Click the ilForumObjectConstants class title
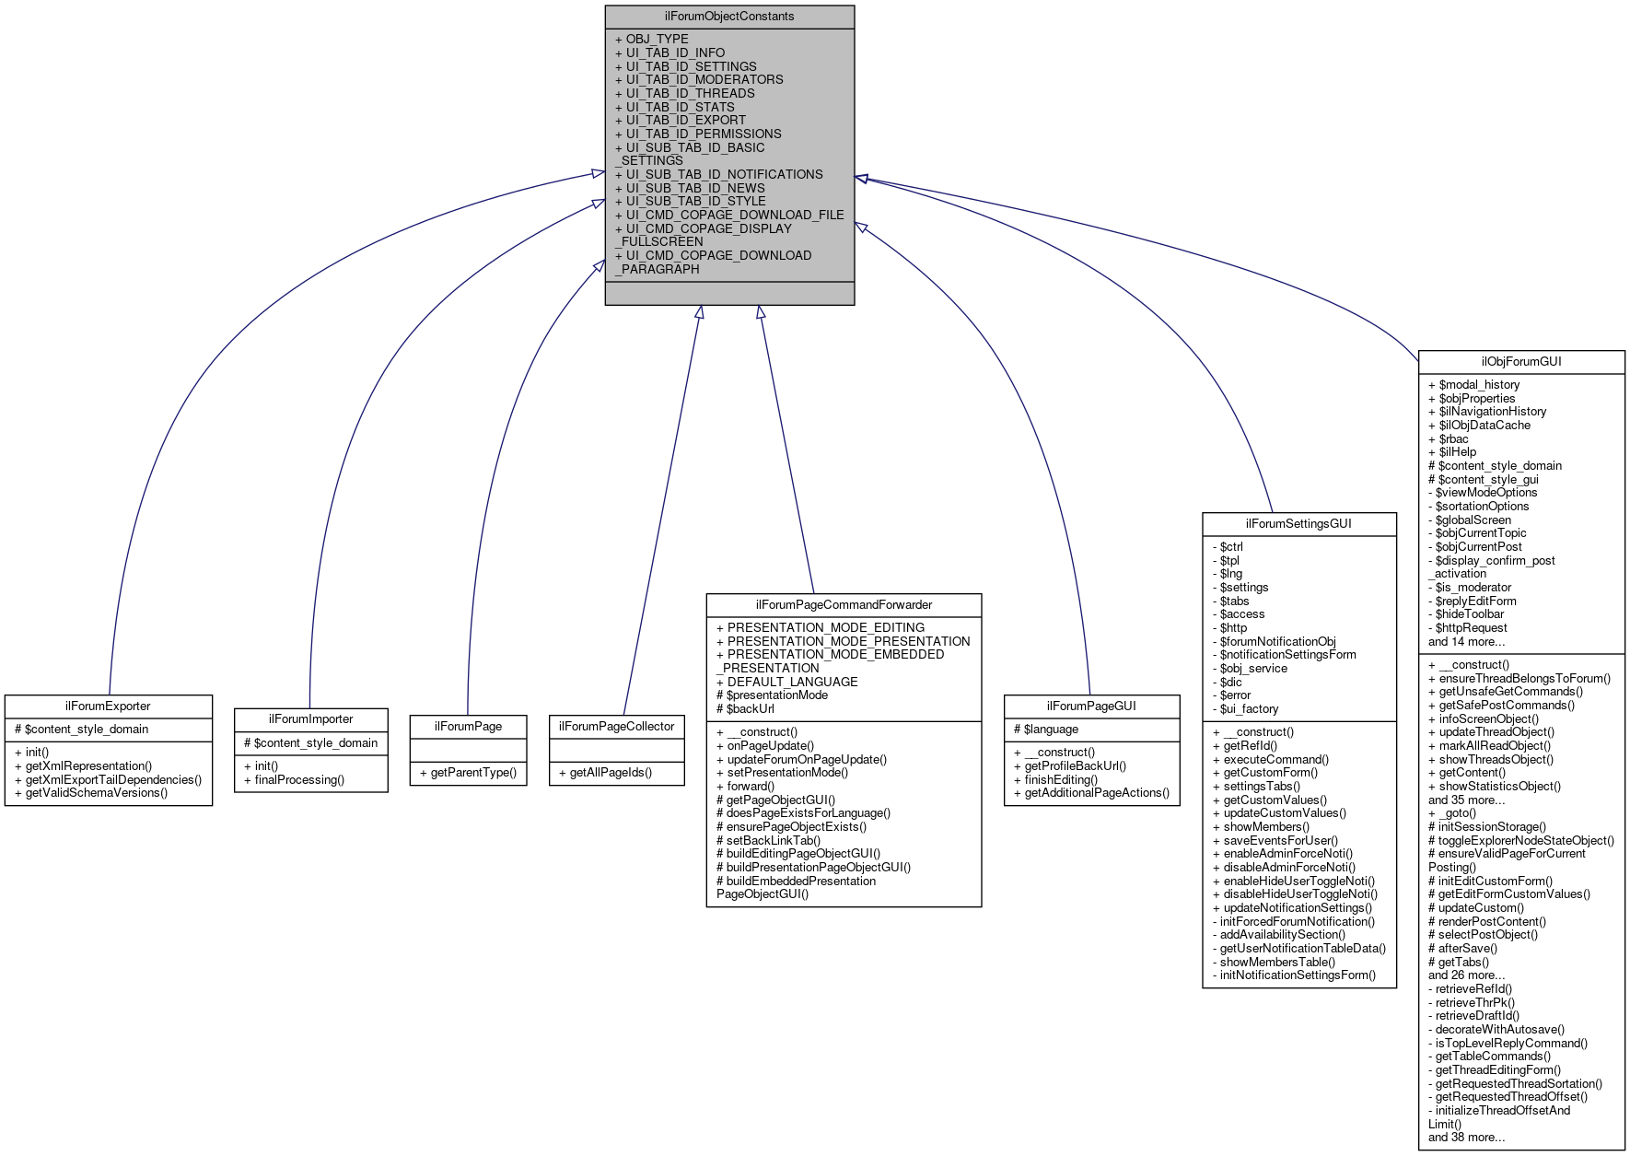pos(729,17)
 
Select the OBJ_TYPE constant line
pos(657,39)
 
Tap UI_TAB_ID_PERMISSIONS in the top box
pos(703,134)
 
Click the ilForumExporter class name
pos(108,706)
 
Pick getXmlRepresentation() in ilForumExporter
pos(88,765)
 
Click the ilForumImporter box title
pos(310,718)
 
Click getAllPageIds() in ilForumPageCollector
pos(610,772)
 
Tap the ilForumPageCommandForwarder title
pos(844,604)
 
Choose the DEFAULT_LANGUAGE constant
pos(792,682)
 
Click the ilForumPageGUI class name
pos(1091,706)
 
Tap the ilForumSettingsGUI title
pos(1298,523)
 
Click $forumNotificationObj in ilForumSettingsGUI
pos(1277,641)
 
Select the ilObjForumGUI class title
pos(1521,361)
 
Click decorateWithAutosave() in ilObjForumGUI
pos(1499,1029)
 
